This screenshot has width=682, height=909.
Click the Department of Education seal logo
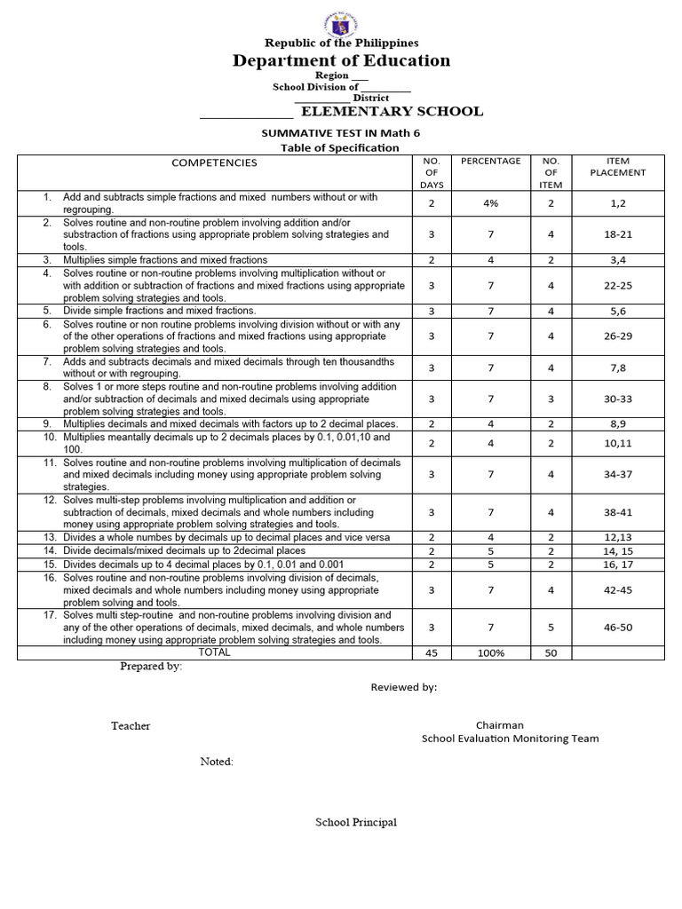[x=341, y=19]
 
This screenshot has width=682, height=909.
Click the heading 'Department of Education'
[x=341, y=60]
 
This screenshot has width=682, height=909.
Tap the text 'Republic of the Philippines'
[x=341, y=42]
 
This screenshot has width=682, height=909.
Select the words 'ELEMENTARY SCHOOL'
[x=392, y=111]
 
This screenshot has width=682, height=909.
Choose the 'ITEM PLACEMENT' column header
[x=617, y=167]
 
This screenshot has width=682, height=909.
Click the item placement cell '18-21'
[x=617, y=234]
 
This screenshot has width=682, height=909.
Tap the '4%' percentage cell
[x=490, y=203]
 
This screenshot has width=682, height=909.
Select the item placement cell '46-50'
[x=617, y=627]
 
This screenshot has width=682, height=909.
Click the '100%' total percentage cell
[x=490, y=652]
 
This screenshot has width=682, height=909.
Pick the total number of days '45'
[x=431, y=652]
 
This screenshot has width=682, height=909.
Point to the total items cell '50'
[x=551, y=652]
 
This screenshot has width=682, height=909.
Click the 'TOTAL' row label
[x=214, y=652]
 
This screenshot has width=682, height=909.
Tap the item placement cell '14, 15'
[x=617, y=550]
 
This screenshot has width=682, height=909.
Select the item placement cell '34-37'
[x=617, y=474]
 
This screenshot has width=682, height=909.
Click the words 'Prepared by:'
[x=151, y=667]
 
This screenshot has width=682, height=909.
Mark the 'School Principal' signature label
[x=356, y=822]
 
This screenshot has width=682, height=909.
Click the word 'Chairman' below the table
[x=499, y=725]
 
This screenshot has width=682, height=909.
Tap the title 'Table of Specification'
[x=340, y=147]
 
